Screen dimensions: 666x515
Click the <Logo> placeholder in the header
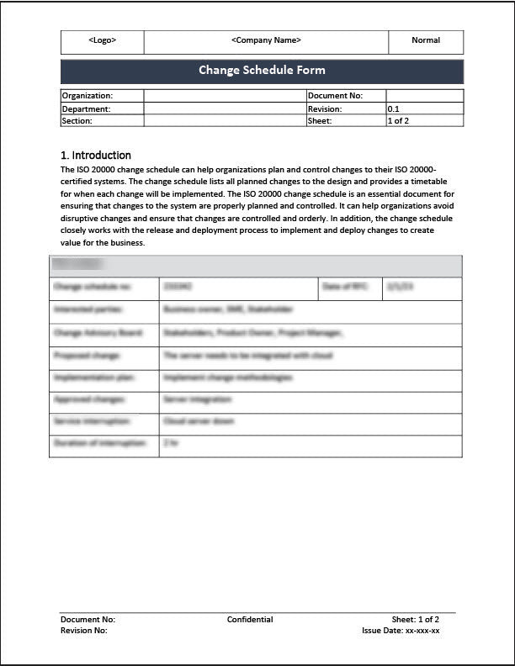pos(102,40)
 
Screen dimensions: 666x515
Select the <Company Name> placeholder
pos(265,40)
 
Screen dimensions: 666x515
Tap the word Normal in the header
pos(426,40)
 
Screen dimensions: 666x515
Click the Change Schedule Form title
pos(262,70)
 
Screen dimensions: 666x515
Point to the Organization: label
pos(88,96)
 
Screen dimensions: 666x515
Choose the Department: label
pos(87,108)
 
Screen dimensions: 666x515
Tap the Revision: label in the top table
pos(325,108)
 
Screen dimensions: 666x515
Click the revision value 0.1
pos(394,108)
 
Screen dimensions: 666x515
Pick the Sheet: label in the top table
pos(320,121)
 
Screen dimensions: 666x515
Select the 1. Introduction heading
pos(96,156)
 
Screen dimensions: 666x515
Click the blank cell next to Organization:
pos(225,96)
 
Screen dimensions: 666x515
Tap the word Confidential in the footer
pos(250,620)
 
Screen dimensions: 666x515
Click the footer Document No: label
pos(88,620)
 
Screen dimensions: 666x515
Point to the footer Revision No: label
pos(84,630)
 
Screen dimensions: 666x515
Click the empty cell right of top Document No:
pos(424,96)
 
